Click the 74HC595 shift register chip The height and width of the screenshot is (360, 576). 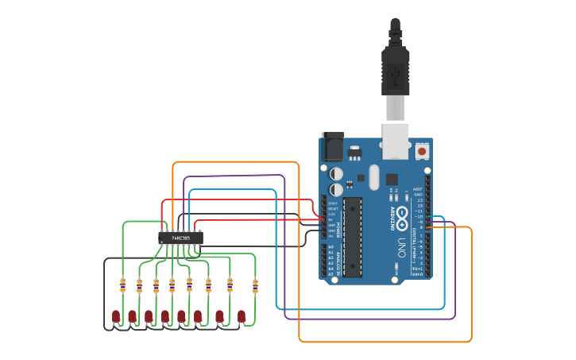(181, 237)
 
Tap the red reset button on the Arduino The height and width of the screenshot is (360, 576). (422, 150)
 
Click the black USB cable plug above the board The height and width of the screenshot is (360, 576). (395, 72)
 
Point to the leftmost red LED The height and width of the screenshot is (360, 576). (116, 316)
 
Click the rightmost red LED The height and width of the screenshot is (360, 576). (242, 316)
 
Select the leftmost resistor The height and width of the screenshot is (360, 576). (122, 285)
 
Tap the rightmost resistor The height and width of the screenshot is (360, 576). (255, 285)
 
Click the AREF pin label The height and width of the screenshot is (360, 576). (419, 189)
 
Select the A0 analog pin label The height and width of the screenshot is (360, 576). (331, 247)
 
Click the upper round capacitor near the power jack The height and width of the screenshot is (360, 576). (337, 172)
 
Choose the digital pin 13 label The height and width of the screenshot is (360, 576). (419, 200)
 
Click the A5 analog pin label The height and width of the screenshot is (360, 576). (331, 274)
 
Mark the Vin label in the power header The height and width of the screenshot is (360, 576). (331, 236)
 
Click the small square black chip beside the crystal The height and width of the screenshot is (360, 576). (391, 178)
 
